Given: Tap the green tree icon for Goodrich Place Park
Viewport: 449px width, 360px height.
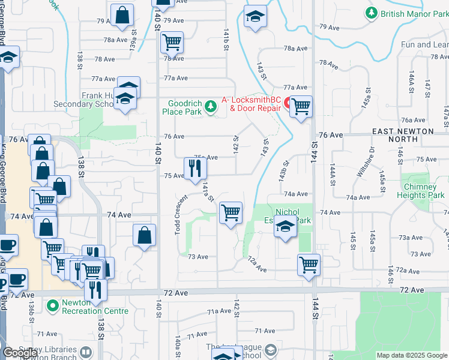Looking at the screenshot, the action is pos(210,107).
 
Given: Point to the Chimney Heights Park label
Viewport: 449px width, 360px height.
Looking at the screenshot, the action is pos(420,191).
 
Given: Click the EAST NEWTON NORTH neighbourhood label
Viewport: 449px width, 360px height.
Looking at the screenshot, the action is pos(403,135).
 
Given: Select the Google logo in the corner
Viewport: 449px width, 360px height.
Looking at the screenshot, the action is pos(20,353).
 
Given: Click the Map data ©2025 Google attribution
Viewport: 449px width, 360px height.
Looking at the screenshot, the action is pos(412,355).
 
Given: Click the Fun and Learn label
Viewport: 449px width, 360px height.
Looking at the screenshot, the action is pos(424,44).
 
